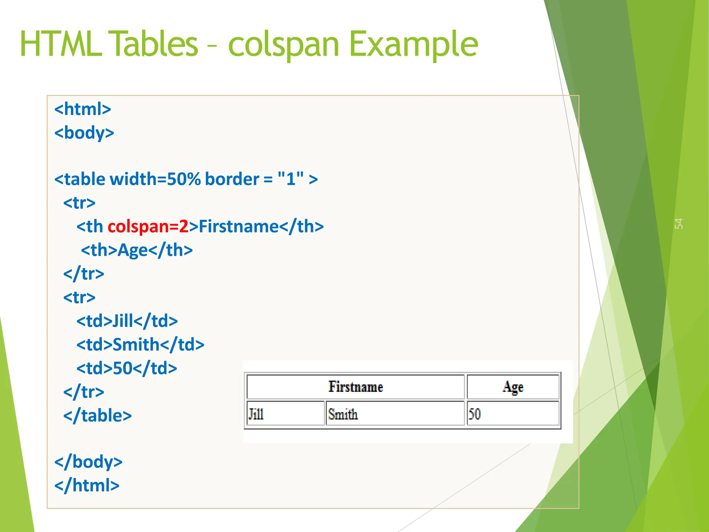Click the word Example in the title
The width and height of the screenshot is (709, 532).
pos(414,44)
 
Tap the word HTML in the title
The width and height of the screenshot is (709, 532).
pos(61,44)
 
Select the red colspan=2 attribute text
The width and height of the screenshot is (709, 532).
pos(148,227)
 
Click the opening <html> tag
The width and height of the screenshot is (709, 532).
pos(83,109)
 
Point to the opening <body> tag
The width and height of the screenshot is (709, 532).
pos(84,133)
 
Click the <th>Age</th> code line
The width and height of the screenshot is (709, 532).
pos(137,250)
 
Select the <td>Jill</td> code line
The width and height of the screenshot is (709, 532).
pos(127,321)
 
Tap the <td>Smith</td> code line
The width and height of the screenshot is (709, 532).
pos(140,345)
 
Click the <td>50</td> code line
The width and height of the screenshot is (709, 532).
pos(127,368)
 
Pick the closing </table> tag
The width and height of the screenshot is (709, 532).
pos(97,416)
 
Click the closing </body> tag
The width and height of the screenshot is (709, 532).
pos(89,462)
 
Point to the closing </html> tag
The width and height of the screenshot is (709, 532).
pos(87,486)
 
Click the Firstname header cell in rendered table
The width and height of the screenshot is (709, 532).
pos(356,387)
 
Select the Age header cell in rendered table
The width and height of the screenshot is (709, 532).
pos(513,387)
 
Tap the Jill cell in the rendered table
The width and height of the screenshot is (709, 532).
pos(285,414)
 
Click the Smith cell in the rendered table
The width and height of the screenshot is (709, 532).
pos(395,414)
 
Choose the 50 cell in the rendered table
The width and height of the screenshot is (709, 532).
pos(513,414)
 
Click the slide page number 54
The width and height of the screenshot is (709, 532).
pos(679,223)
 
